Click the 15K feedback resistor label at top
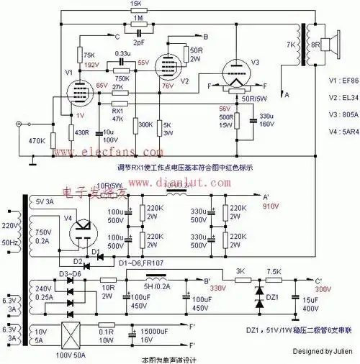[x=136, y=4]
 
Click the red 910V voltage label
[x=270, y=204]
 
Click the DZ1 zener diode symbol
[x=260, y=294]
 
